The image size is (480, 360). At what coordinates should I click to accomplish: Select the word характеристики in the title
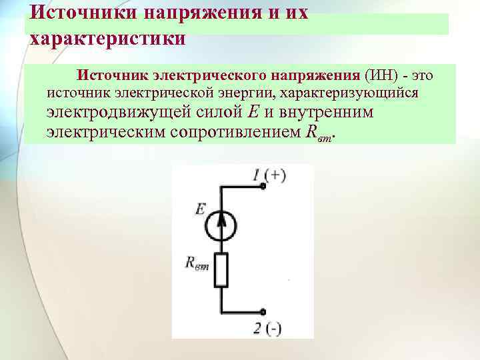click(107, 39)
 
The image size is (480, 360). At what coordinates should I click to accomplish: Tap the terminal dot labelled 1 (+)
click(264, 187)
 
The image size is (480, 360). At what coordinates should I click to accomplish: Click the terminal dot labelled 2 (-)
click(264, 311)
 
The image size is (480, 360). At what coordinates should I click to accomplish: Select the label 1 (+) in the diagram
click(270, 175)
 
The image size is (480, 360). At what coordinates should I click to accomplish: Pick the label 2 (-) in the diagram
click(267, 327)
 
